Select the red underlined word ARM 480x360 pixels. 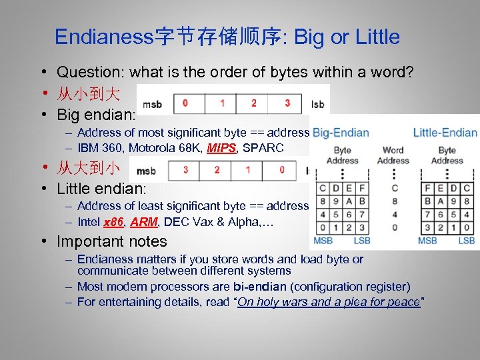pos(141,222)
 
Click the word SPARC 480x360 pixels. pos(262,148)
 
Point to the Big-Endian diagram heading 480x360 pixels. pos(341,132)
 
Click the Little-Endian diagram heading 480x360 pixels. pos(445,132)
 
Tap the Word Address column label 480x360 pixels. pos(393,155)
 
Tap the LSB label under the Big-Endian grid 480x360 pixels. pos(362,240)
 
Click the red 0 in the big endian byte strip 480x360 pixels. pos(185,103)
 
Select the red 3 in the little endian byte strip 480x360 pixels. pos(186,171)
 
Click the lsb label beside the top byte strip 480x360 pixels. pos(319,104)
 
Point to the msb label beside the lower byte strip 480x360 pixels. pos(145,171)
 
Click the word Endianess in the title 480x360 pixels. pos(104,37)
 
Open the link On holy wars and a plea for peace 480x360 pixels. pos(329,302)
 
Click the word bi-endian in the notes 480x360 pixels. pos(260,287)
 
